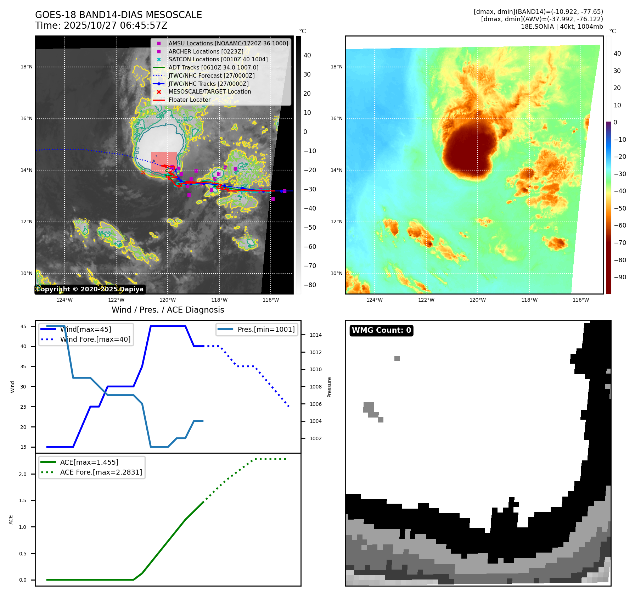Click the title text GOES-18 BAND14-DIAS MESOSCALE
(x=118, y=15)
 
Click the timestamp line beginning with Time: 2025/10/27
(x=101, y=26)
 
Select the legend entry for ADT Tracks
(x=213, y=67)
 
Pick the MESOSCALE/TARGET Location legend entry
(x=209, y=91)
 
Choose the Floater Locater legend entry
(x=189, y=100)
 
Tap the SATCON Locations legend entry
(x=218, y=59)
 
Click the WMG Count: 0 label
(x=381, y=330)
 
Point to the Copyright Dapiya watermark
(x=90, y=289)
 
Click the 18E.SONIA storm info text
(x=562, y=27)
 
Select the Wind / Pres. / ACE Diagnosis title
(x=168, y=310)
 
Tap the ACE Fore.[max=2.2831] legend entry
(x=101, y=472)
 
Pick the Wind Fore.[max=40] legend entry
(x=95, y=339)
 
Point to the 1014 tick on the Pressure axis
(x=316, y=335)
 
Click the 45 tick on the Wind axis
(x=23, y=326)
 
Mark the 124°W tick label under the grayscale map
(x=64, y=300)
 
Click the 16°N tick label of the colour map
(x=336, y=118)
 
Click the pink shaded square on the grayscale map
(x=164, y=162)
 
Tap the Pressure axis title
(x=329, y=387)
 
